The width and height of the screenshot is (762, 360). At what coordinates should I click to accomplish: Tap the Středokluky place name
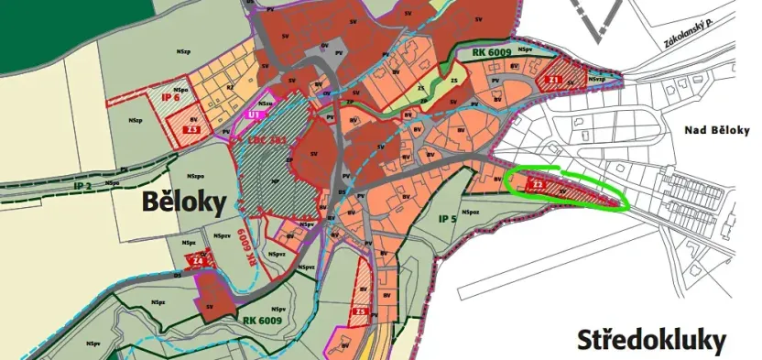[651, 341]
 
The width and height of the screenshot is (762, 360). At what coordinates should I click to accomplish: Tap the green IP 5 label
[447, 218]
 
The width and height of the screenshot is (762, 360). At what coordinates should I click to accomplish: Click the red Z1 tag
[554, 80]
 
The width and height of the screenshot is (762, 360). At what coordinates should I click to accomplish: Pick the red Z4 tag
[197, 261]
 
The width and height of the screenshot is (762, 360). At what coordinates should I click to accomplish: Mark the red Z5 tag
[361, 312]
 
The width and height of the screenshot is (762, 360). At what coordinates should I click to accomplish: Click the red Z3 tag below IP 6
[192, 129]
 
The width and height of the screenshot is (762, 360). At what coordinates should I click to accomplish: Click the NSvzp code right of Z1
[597, 80]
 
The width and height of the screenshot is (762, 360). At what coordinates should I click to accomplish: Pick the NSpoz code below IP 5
[471, 213]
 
